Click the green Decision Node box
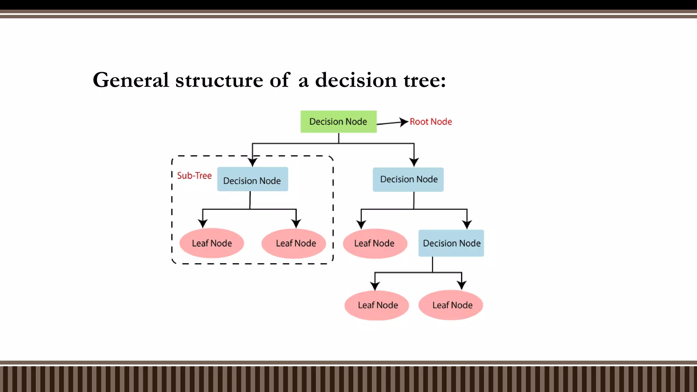pyautogui.click(x=338, y=121)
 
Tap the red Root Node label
pyautogui.click(x=431, y=122)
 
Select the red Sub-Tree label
pyautogui.click(x=194, y=176)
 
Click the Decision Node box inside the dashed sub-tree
pyautogui.click(x=253, y=179)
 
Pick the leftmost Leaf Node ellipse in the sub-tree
pyautogui.click(x=212, y=243)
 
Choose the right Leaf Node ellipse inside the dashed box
pyautogui.click(x=294, y=243)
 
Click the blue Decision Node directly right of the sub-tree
pyautogui.click(x=408, y=179)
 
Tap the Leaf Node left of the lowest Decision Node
pyautogui.click(x=375, y=243)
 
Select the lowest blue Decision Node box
pyautogui.click(x=451, y=243)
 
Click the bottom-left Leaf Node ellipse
pyautogui.click(x=376, y=305)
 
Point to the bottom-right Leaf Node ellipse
pyautogui.click(x=451, y=305)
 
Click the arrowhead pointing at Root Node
pyautogui.click(x=404, y=122)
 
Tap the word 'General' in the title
pyautogui.click(x=131, y=80)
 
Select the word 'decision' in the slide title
pyautogui.click(x=356, y=80)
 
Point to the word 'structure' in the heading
pyautogui.click(x=220, y=80)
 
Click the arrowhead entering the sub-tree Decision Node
pyautogui.click(x=253, y=162)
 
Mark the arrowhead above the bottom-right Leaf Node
pyautogui.click(x=461, y=285)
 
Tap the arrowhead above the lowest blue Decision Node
pyautogui.click(x=467, y=224)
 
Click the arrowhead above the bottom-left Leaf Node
pyautogui.click(x=375, y=286)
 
